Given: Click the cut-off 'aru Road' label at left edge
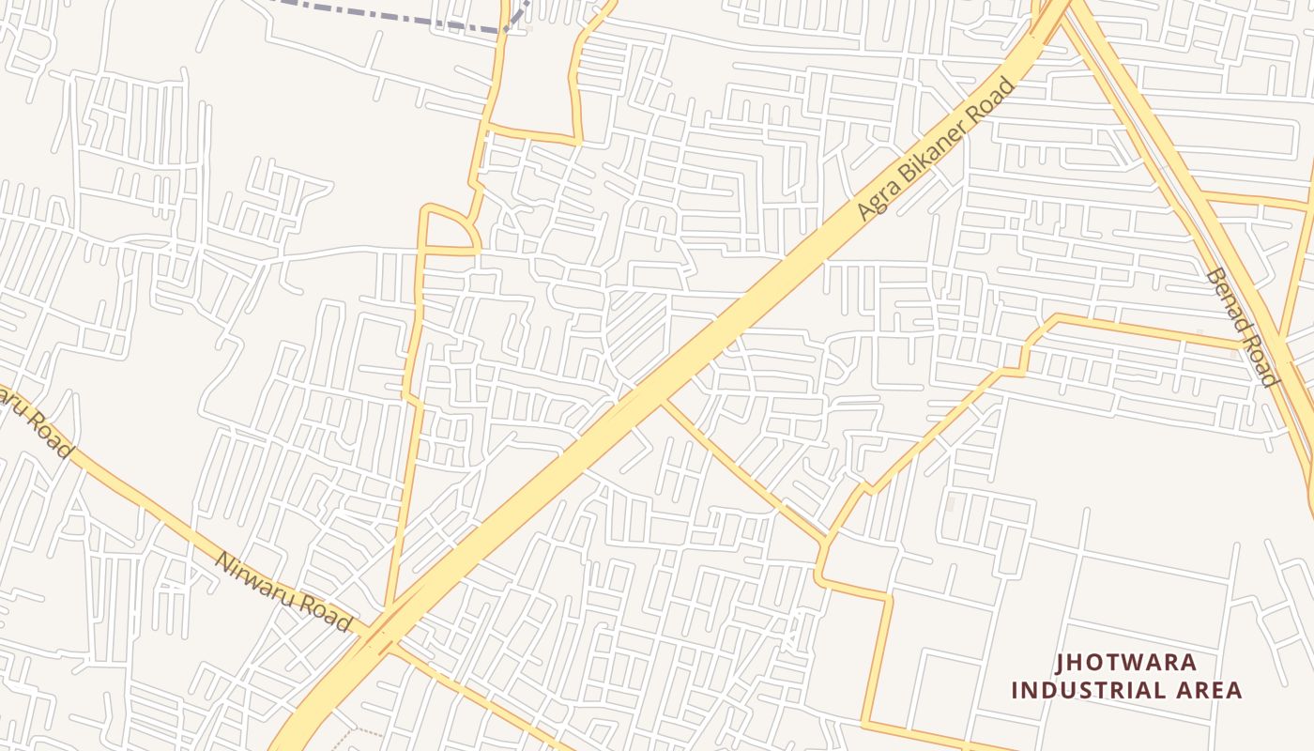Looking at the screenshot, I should coord(38,425).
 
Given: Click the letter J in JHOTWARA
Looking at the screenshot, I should coord(1062,663).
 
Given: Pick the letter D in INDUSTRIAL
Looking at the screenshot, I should coord(1062,691).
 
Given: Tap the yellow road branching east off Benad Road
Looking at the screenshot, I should coord(1258,200).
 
